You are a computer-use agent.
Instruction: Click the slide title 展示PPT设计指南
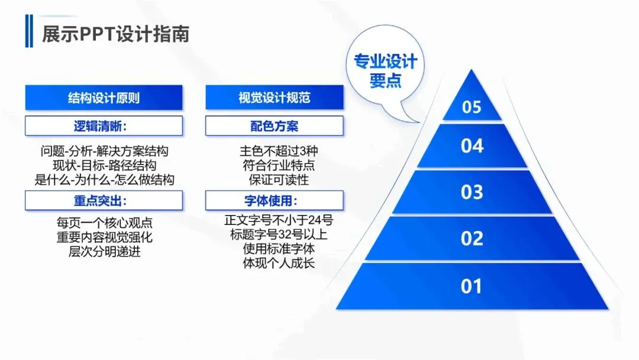pos(115,34)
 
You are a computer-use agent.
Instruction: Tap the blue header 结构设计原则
pos(104,98)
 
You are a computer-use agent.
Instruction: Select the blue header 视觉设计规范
pos(275,98)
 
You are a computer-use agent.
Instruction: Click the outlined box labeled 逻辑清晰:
pos(104,126)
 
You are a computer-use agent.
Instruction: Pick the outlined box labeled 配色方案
pos(275,126)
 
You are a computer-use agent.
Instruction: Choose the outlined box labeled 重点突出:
pos(104,201)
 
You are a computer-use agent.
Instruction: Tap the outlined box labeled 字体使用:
pos(275,201)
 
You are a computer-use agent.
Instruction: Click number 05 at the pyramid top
pos(472,108)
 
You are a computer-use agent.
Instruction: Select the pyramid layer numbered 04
pos(472,146)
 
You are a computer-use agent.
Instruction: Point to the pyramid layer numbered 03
pos(472,192)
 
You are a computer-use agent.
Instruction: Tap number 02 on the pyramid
pos(472,239)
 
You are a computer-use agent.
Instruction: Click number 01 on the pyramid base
pos(472,287)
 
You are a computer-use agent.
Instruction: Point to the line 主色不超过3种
pos(275,151)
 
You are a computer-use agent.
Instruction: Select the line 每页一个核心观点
pos(104,223)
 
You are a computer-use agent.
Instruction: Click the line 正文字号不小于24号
pos(279,220)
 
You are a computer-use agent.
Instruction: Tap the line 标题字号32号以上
pos(279,234)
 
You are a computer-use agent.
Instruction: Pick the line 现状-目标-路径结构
pos(104,165)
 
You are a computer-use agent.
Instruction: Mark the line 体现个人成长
pos(279,263)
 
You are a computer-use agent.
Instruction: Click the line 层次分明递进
pos(104,252)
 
